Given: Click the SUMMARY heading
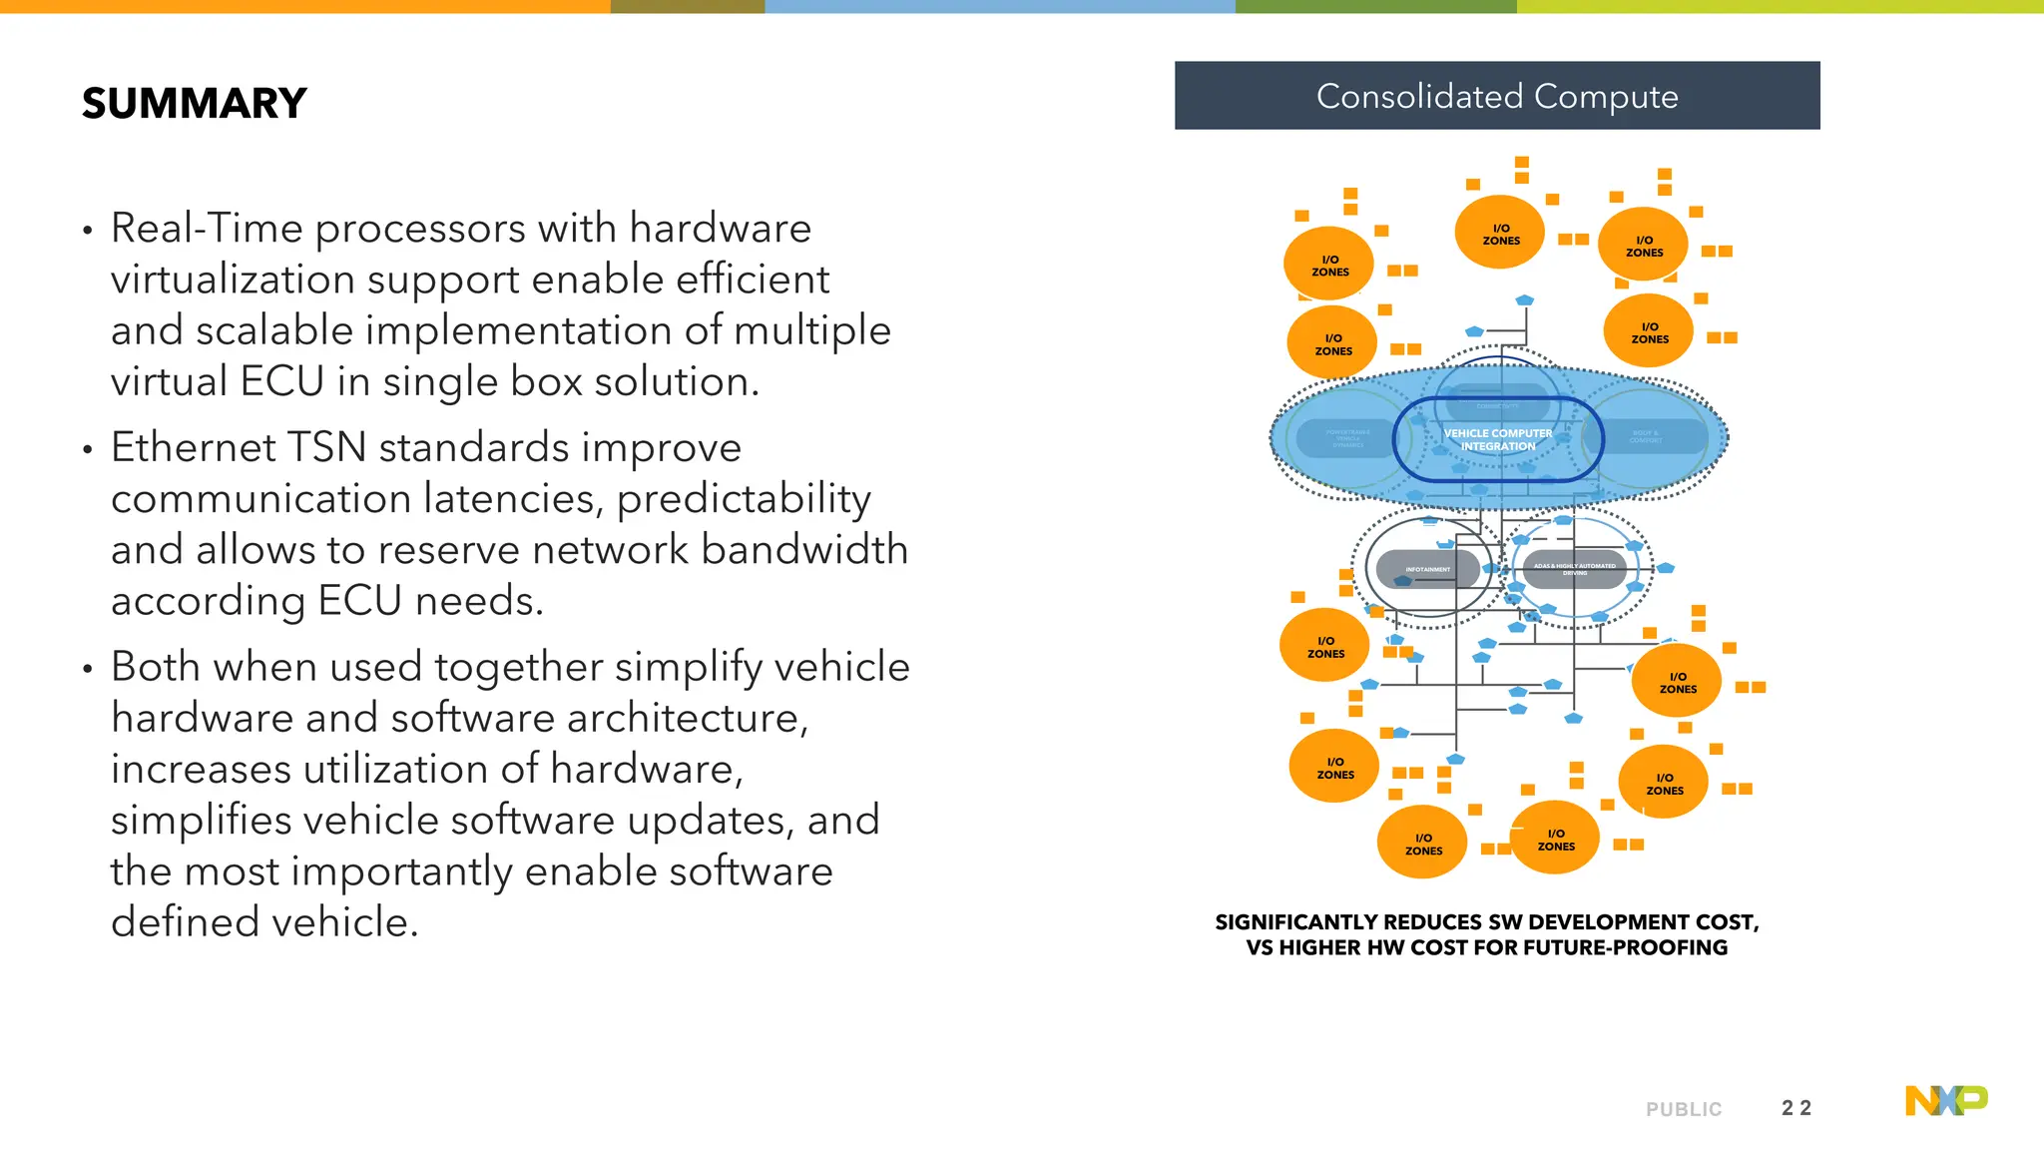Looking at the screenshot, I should click(x=194, y=104).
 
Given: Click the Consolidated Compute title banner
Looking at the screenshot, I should click(x=1496, y=96).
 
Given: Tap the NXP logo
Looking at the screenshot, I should click(x=1945, y=1100).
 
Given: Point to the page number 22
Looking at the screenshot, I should click(x=1795, y=1108).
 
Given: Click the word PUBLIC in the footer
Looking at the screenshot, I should click(x=1683, y=1109).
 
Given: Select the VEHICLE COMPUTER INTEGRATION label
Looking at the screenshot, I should click(x=1497, y=440).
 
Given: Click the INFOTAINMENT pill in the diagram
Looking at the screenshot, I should click(x=1427, y=569).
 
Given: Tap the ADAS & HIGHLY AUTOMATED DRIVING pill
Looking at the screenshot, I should click(x=1574, y=569).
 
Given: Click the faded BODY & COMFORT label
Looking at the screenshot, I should click(x=1646, y=437).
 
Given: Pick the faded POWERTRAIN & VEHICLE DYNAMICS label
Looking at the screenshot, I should click(x=1347, y=438).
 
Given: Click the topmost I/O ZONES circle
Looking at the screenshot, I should click(x=1500, y=234).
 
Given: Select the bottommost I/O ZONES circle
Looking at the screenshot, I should click(x=1422, y=844).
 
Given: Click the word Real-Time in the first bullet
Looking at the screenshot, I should click(x=206, y=229).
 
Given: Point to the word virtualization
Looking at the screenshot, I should click(x=233, y=280).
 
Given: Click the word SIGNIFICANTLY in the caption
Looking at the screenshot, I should click(x=1296, y=922).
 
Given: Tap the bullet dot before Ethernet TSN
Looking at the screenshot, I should click(x=88, y=450).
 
